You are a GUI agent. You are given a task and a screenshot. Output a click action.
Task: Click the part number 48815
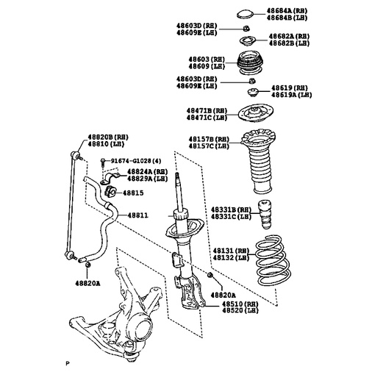click(133, 193)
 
